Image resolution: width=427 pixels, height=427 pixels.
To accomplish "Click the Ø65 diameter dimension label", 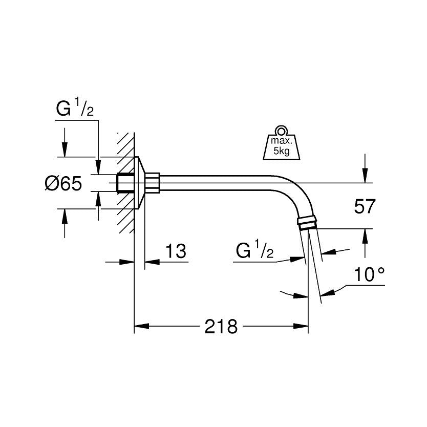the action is tap(63, 183).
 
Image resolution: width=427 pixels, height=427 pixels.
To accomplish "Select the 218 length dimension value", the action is tap(221, 326).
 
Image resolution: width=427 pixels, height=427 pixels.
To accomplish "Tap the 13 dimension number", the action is tap(176, 251).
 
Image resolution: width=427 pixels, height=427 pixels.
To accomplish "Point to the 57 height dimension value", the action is tap(365, 206).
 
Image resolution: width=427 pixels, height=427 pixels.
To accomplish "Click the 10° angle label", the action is tap(370, 274).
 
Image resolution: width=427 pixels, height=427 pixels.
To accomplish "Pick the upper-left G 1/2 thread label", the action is tap(75, 108).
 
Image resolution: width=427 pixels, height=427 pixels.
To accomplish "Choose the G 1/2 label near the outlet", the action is tap(254, 249).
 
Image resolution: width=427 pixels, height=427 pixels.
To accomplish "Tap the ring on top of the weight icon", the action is tap(281, 131).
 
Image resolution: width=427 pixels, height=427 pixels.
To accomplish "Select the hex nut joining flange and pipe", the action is tap(152, 183).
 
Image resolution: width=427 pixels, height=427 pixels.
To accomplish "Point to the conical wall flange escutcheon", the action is tap(140, 183).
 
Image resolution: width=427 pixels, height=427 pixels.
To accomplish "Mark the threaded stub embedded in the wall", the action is tap(125, 183).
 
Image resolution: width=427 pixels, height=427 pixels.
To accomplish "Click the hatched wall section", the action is tap(126, 183).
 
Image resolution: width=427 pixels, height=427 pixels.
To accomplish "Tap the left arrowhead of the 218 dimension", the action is tap(142, 326).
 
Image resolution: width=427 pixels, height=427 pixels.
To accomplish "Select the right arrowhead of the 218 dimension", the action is tap(301, 326).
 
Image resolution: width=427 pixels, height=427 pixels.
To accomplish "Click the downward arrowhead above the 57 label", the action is tap(365, 176).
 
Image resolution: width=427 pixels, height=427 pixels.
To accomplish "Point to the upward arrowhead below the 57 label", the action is tap(365, 237).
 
